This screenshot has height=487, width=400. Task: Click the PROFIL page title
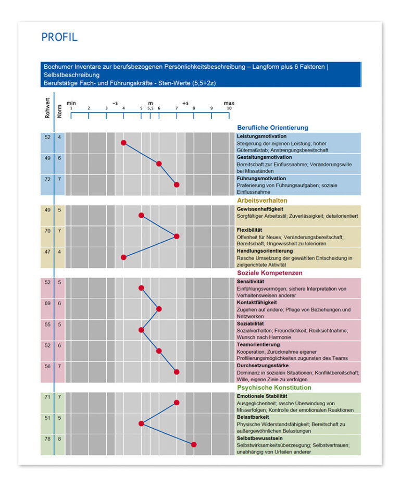coord(59,37)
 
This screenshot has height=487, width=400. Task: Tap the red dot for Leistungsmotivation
coord(124,143)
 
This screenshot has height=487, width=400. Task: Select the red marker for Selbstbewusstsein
coord(194,444)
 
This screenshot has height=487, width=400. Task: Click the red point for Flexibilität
coord(177,236)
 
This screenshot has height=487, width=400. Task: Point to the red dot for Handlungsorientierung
coord(124,257)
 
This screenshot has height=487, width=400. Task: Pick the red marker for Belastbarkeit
coord(141,423)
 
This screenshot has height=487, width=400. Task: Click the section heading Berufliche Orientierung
coord(272,128)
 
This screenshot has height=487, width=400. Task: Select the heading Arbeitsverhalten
coord(262,201)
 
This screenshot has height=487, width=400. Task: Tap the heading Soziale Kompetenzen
coord(269,273)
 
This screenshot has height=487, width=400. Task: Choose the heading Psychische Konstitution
coord(274,388)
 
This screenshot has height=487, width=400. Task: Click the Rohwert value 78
coord(47,439)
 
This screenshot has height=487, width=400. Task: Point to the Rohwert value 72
coord(47,179)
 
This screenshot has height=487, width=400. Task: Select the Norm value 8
coord(59,439)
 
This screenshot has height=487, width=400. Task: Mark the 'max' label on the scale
coord(229,103)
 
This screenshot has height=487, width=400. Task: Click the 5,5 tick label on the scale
coord(150,108)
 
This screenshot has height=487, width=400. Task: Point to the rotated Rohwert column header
coord(47,107)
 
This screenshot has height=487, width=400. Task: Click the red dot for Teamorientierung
coord(159,351)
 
